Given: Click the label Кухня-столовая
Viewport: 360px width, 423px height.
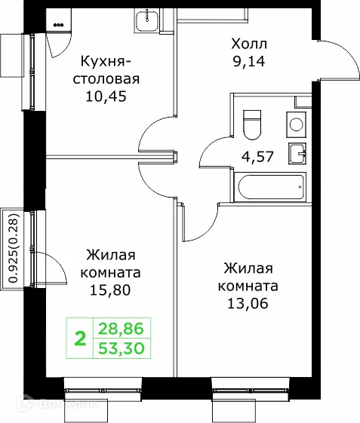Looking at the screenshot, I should pyautogui.click(x=109, y=70).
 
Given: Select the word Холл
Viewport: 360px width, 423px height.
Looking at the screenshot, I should pyautogui.click(x=249, y=43).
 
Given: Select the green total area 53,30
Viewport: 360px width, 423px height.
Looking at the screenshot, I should pyautogui.click(x=122, y=348).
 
